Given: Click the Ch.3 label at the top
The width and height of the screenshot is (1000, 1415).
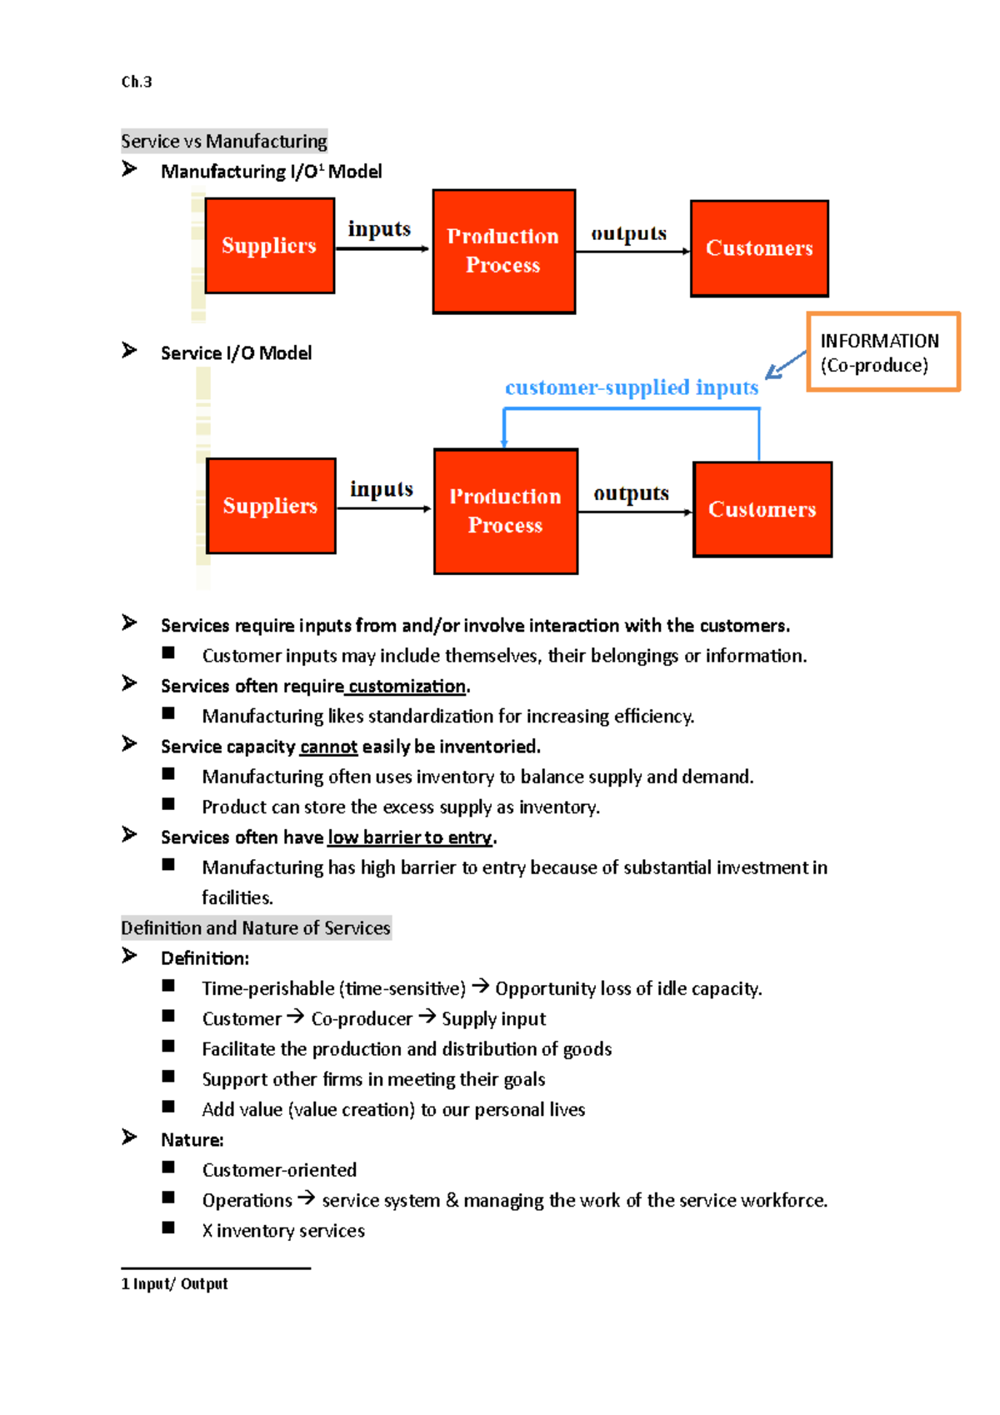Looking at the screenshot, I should point(137,82).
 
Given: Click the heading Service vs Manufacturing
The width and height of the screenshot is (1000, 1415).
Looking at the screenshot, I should point(223,141).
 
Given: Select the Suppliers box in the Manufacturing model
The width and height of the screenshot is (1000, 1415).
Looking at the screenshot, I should point(269,246).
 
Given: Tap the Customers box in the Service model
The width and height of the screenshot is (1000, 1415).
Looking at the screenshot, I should point(762,509).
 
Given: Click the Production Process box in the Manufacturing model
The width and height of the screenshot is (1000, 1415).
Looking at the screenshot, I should point(503,251).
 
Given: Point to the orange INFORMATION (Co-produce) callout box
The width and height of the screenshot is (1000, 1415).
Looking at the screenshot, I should point(882,352).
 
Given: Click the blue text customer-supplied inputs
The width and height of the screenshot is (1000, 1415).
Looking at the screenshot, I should point(631,387).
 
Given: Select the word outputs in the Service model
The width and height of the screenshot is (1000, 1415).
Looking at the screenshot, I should point(631,493).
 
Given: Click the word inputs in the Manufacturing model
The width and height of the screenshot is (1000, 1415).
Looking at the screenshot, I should point(379,229).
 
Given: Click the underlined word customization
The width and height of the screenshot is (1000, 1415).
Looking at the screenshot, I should point(407,686).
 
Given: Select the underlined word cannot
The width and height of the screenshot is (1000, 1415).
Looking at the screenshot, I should point(328,747).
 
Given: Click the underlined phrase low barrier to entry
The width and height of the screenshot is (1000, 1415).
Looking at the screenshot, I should point(409,837).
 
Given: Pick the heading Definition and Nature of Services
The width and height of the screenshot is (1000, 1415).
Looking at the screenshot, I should point(255,927).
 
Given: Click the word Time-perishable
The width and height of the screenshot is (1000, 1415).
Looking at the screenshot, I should point(267,988).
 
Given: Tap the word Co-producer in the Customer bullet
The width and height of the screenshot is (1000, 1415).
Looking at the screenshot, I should point(362,1018).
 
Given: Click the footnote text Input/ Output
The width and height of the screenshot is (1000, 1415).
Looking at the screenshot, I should point(180,1283).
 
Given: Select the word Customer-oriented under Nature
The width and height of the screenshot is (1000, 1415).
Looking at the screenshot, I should point(279,1170).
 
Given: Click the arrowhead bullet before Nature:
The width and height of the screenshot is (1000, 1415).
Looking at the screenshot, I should point(129,1137).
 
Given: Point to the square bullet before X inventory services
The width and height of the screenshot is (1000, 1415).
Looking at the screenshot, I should point(168,1227).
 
